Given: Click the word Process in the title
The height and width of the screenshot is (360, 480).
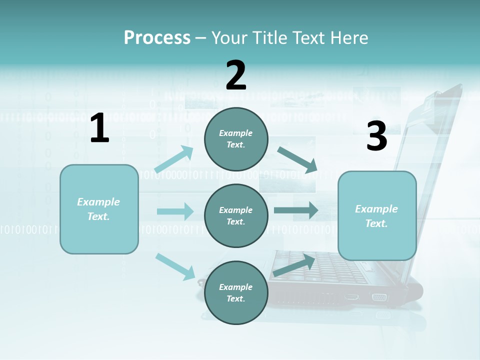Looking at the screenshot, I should click(157, 38).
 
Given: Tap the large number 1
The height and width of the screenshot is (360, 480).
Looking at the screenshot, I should click(99, 128).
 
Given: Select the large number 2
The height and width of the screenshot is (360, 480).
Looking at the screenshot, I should click(236, 75).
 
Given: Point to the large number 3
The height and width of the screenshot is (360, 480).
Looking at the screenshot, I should click(376, 136).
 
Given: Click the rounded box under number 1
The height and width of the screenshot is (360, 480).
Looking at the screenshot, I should click(99, 209).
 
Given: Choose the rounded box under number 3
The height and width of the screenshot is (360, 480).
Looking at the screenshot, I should click(377, 216).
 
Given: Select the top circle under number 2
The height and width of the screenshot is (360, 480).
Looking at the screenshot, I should click(236, 139).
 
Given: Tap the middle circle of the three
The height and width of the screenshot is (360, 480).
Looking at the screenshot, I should click(236, 215).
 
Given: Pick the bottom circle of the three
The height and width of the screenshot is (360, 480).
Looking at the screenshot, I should click(236, 292).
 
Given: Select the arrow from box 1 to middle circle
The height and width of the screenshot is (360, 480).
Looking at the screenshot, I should click(175, 211).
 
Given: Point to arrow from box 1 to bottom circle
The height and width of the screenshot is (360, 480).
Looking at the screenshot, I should click(175, 266).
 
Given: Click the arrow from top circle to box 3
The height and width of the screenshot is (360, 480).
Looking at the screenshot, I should click(298, 160).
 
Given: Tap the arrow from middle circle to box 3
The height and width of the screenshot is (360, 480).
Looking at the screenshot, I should click(296, 210).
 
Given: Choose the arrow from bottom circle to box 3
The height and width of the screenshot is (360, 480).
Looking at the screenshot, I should click(294, 265).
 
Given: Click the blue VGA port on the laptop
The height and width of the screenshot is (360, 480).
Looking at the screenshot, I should click(379, 297).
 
